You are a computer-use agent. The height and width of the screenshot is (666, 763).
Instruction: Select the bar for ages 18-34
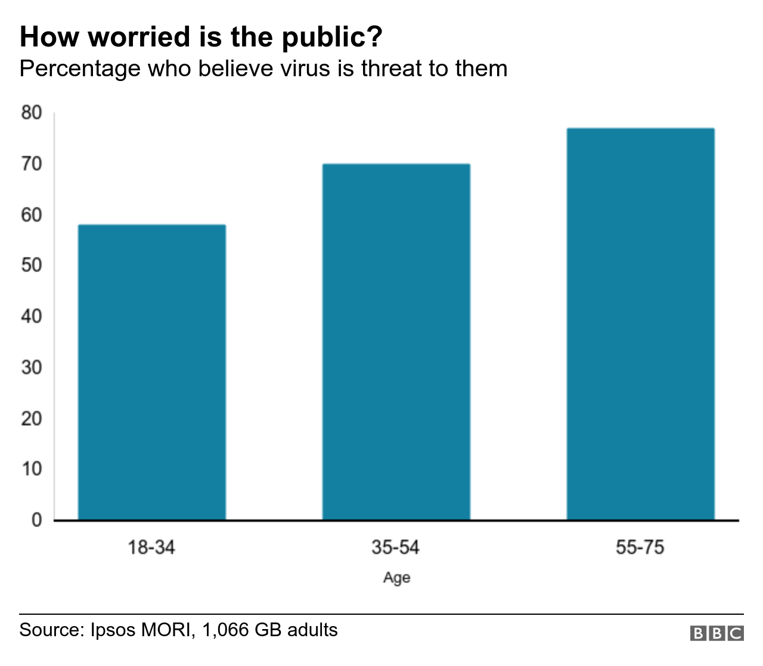coord(151,372)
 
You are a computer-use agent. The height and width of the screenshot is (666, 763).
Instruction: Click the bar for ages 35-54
coord(396,342)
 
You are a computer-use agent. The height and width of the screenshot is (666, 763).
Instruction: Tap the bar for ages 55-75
coord(640,324)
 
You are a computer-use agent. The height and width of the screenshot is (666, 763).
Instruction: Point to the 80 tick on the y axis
coord(32,113)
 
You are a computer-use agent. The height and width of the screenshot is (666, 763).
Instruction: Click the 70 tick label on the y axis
coord(32,164)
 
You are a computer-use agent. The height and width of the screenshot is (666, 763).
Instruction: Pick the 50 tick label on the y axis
coord(32,265)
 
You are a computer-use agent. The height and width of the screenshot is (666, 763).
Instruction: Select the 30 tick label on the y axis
coord(32,367)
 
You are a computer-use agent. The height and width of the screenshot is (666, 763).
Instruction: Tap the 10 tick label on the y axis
coord(32,469)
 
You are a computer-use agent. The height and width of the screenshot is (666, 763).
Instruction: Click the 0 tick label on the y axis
coord(36,520)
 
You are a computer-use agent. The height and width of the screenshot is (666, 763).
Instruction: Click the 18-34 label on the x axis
coord(151,547)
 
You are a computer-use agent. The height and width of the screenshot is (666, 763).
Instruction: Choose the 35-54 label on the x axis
coord(396,547)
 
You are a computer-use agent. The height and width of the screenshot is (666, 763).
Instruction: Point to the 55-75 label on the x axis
coord(640,547)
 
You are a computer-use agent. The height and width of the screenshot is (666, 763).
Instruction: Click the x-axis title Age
coord(396,578)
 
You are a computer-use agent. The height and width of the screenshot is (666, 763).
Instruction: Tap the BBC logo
coord(717,633)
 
